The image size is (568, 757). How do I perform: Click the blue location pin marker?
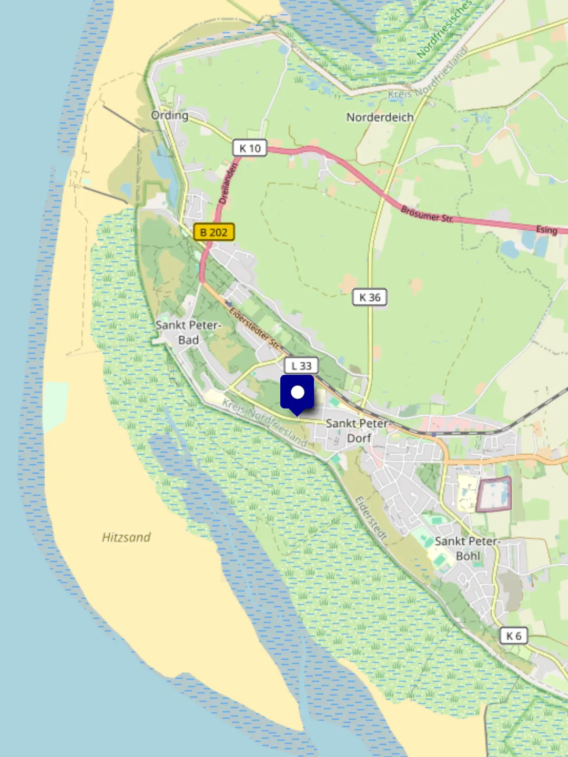[297, 394]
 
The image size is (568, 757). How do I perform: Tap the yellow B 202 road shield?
[214, 232]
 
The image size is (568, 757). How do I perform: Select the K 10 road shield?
[250, 148]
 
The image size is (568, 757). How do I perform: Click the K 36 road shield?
[370, 298]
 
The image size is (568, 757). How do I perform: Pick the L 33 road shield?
[301, 366]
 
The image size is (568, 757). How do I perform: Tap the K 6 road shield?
[513, 636]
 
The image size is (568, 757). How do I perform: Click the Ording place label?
[169, 115]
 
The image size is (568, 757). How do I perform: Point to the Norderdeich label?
[380, 117]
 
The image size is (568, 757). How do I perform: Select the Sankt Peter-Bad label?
[188, 332]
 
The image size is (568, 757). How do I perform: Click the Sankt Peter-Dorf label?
[358, 431]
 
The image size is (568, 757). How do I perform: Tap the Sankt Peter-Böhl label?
[467, 548]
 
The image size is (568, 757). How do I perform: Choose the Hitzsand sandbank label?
[126, 537]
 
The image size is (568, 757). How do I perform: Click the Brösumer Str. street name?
[427, 214]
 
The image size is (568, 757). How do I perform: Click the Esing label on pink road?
[546, 230]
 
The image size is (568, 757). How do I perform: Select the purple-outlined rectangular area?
[493, 494]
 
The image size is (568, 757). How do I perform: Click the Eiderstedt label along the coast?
[371, 518]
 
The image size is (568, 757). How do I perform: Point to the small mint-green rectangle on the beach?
[56, 407]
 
